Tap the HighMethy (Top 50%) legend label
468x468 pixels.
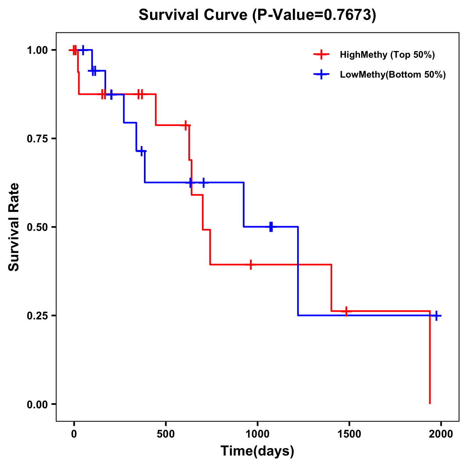click(387, 55)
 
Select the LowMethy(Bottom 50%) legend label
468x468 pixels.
click(393, 74)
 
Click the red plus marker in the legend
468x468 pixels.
click(321, 55)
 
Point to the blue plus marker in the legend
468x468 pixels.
click(321, 74)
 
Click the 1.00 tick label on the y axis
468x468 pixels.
click(37, 50)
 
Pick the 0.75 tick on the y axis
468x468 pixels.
click(37, 139)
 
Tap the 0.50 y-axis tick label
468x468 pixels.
click(37, 227)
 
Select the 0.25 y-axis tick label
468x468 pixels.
click(37, 316)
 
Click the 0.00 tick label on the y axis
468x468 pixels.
click(37, 404)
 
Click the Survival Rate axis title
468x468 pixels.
click(14, 227)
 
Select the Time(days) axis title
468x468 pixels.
click(257, 451)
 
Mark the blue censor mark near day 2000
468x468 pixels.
click(436, 316)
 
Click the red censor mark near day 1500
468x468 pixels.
click(346, 311)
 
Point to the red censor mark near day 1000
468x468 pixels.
click(251, 264)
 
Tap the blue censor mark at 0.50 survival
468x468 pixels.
click(271, 227)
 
